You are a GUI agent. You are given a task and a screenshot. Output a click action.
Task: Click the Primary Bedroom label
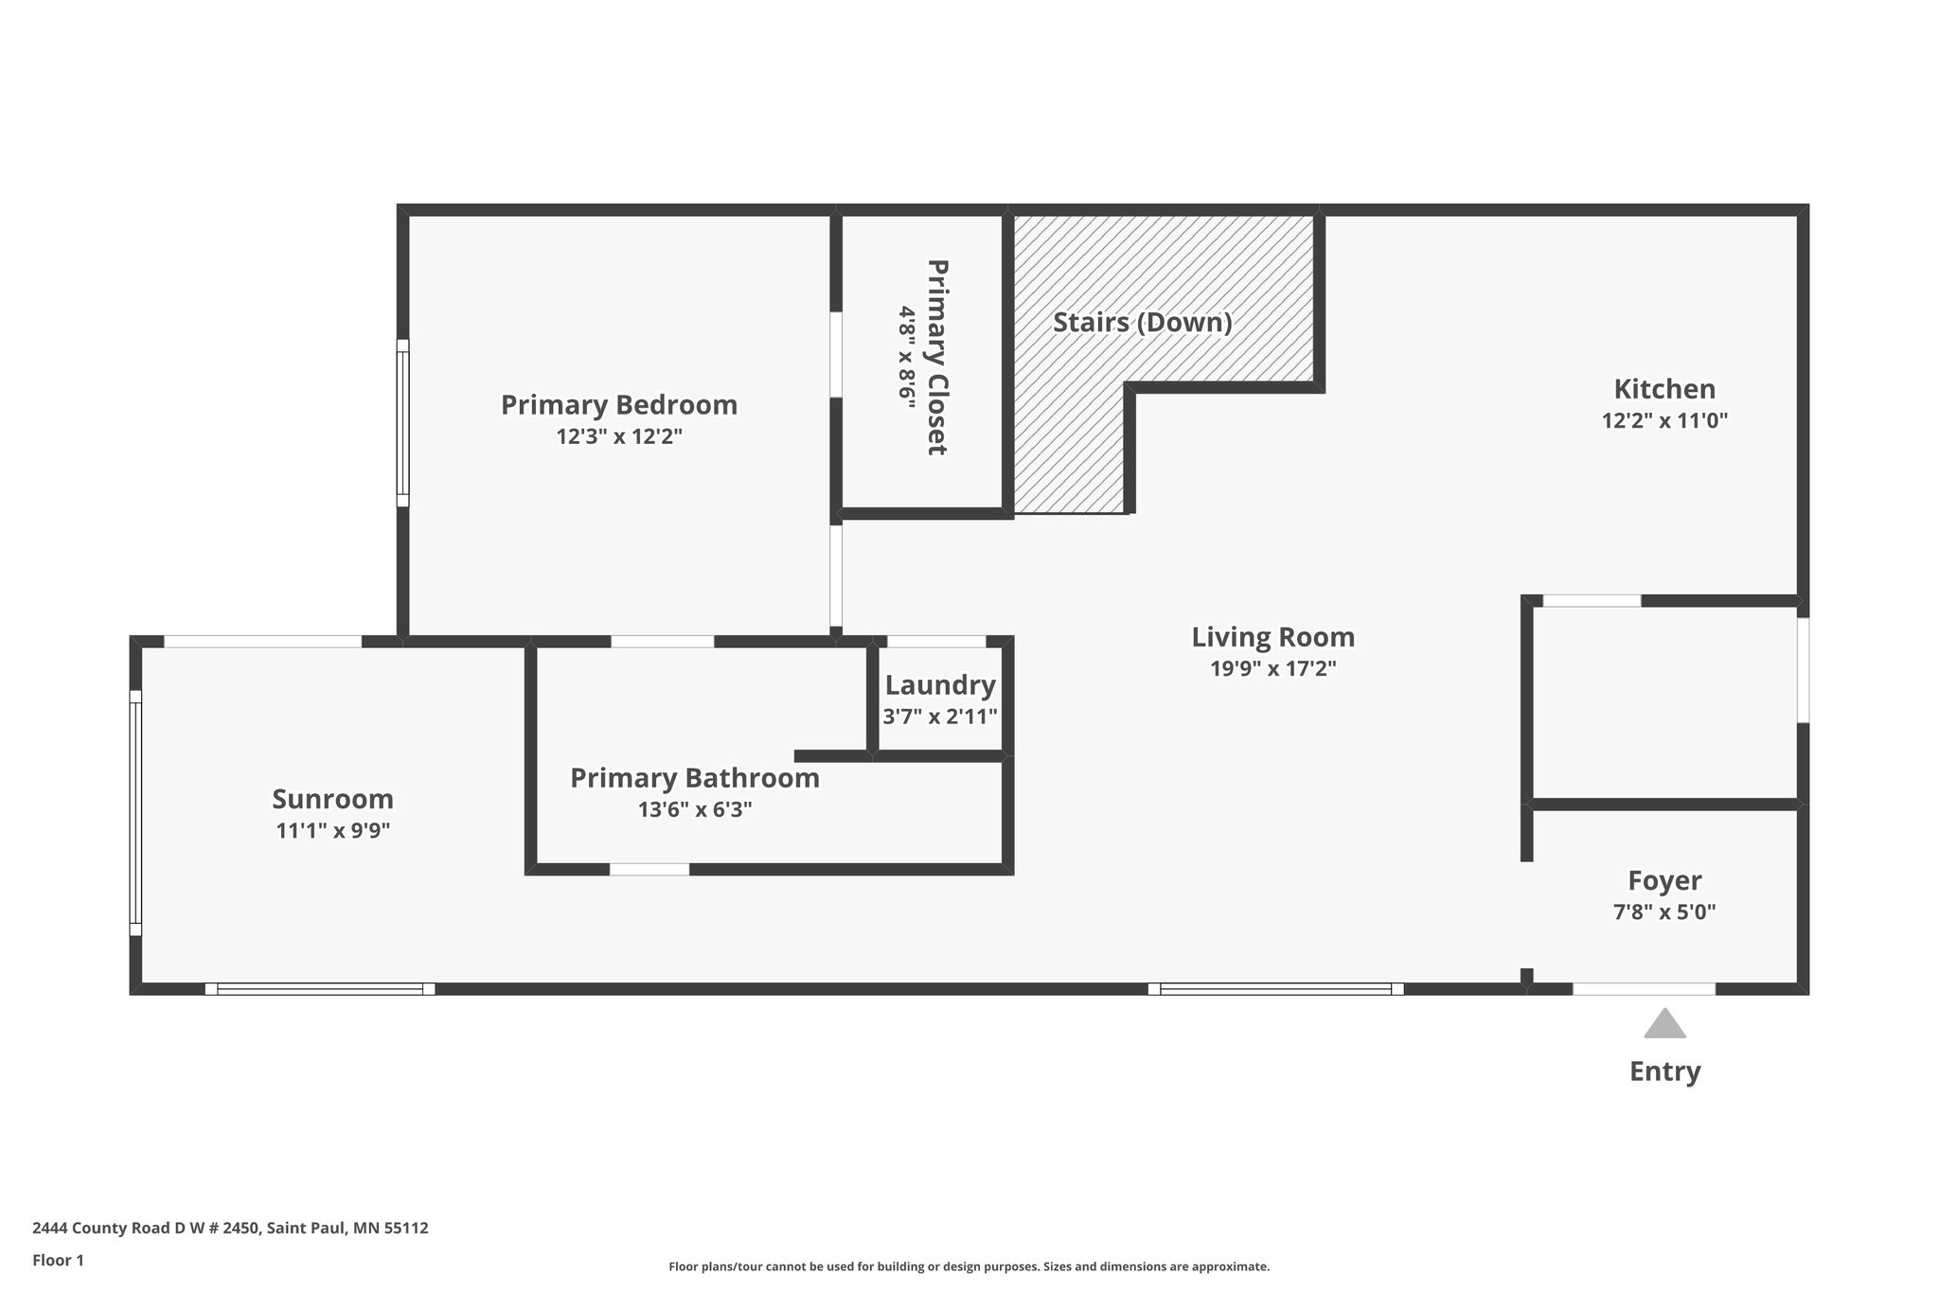click(618, 405)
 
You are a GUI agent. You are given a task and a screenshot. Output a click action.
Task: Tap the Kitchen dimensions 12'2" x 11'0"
click(1664, 421)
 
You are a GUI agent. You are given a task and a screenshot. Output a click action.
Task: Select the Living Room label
click(1272, 637)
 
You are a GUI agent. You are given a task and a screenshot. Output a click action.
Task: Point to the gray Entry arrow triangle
click(1664, 1024)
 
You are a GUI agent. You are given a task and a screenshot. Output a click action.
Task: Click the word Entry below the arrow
click(1664, 1071)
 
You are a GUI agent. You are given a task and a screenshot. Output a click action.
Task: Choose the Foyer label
click(1664, 881)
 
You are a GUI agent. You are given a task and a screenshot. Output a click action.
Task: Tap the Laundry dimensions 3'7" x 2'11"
click(940, 717)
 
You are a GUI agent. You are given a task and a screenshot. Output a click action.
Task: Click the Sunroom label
click(332, 800)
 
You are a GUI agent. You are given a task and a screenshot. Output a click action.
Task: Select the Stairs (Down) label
click(1142, 323)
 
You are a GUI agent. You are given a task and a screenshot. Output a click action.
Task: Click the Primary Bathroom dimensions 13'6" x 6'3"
click(695, 810)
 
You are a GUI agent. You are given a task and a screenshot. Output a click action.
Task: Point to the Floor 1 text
click(59, 1260)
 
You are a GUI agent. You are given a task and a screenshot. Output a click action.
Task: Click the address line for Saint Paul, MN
click(230, 1229)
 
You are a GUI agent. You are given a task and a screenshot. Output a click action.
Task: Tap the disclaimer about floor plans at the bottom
click(969, 1266)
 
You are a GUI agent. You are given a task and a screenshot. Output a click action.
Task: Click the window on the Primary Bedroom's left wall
click(402, 423)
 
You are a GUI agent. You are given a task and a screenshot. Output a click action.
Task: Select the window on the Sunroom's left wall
click(135, 813)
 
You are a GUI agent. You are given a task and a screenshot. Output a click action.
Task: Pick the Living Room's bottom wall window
click(1274, 989)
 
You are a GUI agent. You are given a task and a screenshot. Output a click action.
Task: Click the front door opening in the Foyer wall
click(1644, 989)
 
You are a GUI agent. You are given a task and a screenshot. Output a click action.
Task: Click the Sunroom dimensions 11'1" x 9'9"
click(332, 831)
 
